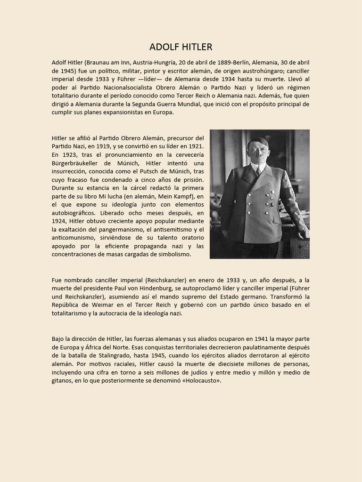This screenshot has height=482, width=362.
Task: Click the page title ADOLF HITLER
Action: [x=181, y=47]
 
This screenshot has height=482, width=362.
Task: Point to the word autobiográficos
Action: [x=74, y=213]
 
